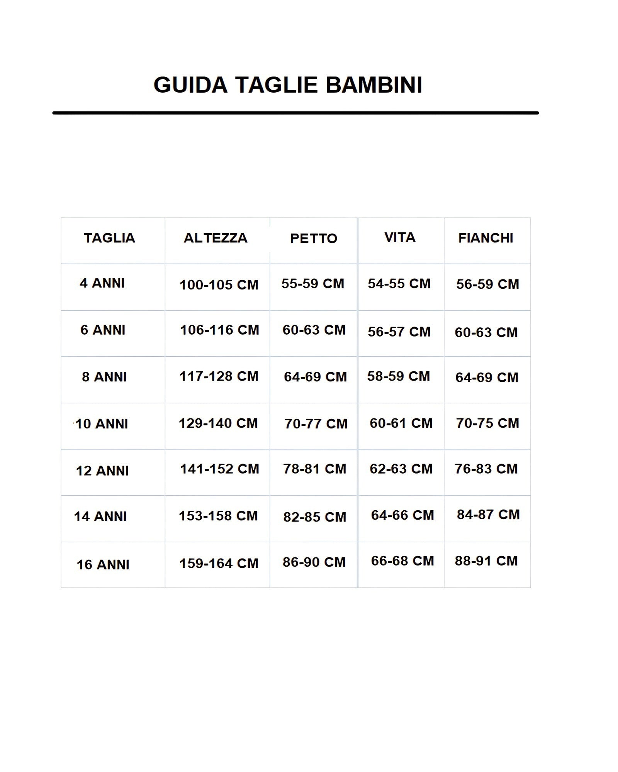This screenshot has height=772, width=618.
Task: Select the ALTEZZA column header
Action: (216, 238)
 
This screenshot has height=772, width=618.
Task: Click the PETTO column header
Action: (314, 239)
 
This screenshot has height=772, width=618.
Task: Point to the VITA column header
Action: (400, 237)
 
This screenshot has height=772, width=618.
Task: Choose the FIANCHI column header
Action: (486, 238)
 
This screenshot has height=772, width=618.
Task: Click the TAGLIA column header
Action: (109, 238)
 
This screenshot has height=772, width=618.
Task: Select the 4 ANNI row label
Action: (102, 283)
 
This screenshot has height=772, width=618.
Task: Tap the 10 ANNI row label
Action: (102, 424)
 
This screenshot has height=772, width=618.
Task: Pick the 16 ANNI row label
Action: (103, 565)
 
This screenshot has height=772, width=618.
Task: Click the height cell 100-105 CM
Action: (219, 285)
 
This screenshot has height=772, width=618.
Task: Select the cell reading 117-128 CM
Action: (219, 376)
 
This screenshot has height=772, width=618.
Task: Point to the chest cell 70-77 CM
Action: (316, 424)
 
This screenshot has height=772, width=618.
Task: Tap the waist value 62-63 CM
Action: (401, 469)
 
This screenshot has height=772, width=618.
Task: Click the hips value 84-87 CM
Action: (488, 515)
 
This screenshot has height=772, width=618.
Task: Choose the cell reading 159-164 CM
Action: (219, 564)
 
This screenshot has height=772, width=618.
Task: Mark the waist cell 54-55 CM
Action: (399, 284)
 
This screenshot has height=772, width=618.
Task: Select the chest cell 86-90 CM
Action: (314, 562)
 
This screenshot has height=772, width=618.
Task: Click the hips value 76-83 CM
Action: (486, 469)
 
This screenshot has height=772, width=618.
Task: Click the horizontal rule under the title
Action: (295, 113)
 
